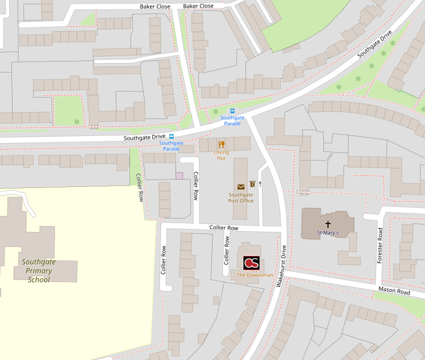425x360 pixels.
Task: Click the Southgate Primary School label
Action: coord(38,270)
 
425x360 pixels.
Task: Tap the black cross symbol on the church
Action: coord(328,224)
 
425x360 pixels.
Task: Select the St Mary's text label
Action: coord(328,233)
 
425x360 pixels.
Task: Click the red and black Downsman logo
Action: coord(251,263)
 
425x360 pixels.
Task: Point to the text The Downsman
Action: coord(255,275)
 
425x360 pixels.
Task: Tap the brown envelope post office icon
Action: coord(241,186)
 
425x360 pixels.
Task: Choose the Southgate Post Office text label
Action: coord(241,197)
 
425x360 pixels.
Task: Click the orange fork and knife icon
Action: coord(221,144)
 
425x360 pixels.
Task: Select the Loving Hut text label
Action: coord(221,155)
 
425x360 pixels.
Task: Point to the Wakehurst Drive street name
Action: coord(281,266)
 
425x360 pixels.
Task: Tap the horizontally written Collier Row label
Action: coord(223,227)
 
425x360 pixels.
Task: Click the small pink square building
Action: coord(179,176)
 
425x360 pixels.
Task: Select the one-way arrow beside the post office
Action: coord(260,184)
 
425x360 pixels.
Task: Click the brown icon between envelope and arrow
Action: coord(252,184)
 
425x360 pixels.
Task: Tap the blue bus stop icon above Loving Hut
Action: coord(232,111)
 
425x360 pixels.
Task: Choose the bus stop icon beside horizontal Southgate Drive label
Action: coord(171,136)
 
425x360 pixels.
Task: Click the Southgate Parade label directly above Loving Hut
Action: coord(232,120)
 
